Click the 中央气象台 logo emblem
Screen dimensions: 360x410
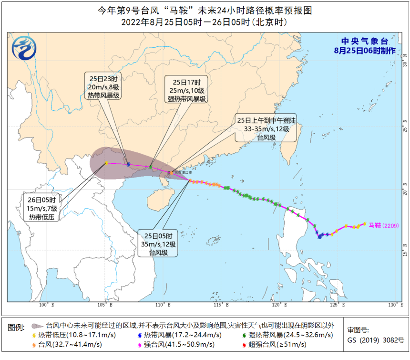(24, 49)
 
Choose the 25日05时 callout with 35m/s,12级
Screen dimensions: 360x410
(158, 244)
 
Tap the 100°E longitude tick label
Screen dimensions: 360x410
(47, 305)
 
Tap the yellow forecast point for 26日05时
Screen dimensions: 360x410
(106, 163)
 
